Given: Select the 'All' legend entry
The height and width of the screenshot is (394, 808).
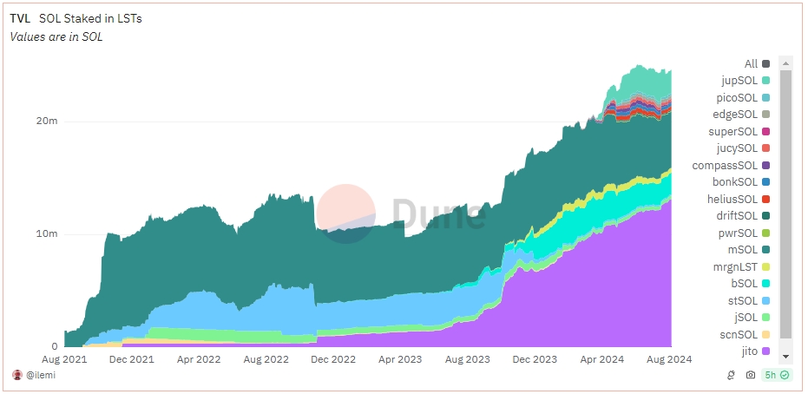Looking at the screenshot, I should point(752,63).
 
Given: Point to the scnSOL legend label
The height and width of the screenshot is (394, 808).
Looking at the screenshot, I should point(745,335).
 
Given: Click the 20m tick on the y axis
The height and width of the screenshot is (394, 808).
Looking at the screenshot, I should point(48,121).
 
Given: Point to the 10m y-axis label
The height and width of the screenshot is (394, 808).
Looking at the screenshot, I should point(48,234).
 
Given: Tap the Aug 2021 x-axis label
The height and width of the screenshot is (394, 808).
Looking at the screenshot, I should point(63,358).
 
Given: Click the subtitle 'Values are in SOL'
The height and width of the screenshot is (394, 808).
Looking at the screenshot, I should point(56,36).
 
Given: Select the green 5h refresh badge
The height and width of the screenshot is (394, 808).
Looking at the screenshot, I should point(776,376).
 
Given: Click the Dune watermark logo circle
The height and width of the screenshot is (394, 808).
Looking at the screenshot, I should point(345,213).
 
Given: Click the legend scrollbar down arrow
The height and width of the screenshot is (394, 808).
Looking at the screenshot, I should point(786,356).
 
